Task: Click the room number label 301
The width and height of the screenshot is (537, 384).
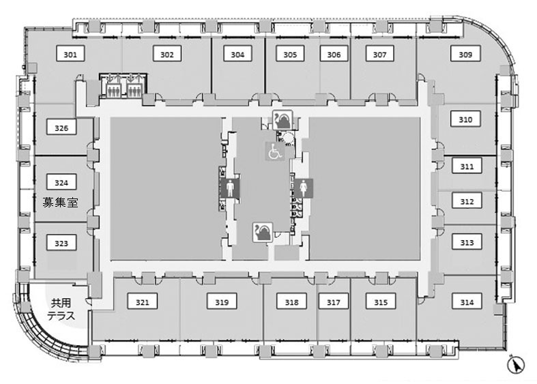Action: pyautogui.click(x=70, y=54)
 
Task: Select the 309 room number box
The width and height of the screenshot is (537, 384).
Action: pyautogui.click(x=465, y=54)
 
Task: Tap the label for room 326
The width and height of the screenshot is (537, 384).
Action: pyautogui.click(x=61, y=128)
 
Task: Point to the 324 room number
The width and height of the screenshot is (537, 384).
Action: pyautogui.click(x=61, y=182)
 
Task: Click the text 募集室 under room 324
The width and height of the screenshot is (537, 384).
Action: pyautogui.click(x=60, y=203)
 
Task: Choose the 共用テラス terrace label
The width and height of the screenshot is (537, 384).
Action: pyautogui.click(x=61, y=309)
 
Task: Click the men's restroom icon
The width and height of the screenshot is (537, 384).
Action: pyautogui.click(x=230, y=188)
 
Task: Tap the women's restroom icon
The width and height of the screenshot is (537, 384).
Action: pyautogui.click(x=303, y=188)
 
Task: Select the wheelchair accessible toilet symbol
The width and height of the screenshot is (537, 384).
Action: pyautogui.click(x=275, y=151)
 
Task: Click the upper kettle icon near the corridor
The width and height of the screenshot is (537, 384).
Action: pyautogui.click(x=282, y=120)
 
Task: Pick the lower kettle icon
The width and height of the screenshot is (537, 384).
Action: pyautogui.click(x=263, y=233)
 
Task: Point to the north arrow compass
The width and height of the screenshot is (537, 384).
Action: pyautogui.click(x=516, y=365)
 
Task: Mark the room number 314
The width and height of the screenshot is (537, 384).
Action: pyautogui.click(x=467, y=302)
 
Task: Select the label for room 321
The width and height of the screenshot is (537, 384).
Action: pyautogui.click(x=142, y=302)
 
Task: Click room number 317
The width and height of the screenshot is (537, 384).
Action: pyautogui.click(x=333, y=302)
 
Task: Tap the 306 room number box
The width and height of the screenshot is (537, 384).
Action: pyautogui.click(x=334, y=54)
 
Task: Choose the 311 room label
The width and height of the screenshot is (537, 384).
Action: pyautogui.click(x=467, y=166)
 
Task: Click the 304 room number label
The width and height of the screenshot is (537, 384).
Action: pyautogui.click(x=237, y=54)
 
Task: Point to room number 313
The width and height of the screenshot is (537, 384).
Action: pyautogui.click(x=467, y=242)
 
